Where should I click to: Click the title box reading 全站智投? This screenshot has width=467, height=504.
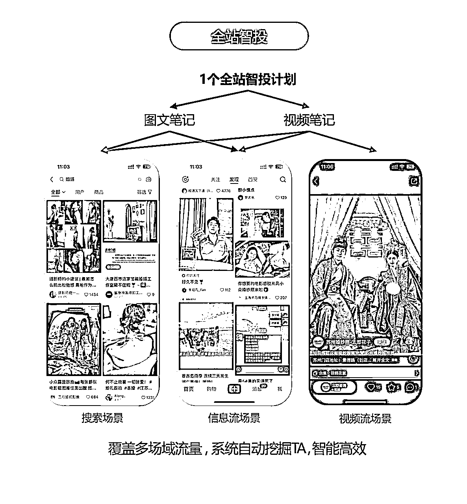[239, 36]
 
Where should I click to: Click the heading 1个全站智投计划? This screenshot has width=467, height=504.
[247, 80]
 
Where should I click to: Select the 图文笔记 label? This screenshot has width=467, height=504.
[169, 120]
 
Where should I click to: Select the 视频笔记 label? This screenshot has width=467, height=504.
[309, 120]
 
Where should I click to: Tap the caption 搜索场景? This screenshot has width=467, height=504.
[102, 418]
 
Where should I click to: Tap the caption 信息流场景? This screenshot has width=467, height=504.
[234, 418]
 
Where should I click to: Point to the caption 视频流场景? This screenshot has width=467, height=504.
[365, 419]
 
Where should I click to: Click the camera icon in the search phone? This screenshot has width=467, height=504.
[148, 180]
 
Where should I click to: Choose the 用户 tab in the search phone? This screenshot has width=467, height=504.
[80, 192]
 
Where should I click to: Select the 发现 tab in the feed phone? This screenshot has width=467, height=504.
[234, 180]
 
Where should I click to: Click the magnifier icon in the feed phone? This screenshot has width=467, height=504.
[283, 180]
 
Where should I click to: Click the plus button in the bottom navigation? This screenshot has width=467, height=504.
[234, 389]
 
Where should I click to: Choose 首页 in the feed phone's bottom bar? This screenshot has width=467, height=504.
[189, 389]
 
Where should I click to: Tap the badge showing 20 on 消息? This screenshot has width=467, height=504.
[263, 386]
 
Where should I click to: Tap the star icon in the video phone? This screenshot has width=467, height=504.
[391, 387]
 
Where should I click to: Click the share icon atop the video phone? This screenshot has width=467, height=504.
[414, 182]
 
